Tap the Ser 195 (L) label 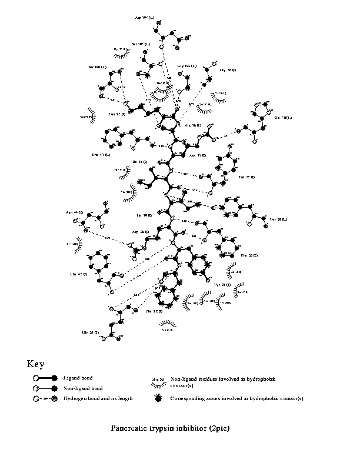click(x=141, y=44)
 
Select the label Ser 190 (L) click(x=97, y=67)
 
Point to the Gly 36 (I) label click(x=227, y=70)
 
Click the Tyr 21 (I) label click(x=222, y=284)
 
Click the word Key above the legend click(x=36, y=364)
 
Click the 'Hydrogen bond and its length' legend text click(x=98, y=398)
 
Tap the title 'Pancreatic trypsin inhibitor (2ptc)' click(x=170, y=428)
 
